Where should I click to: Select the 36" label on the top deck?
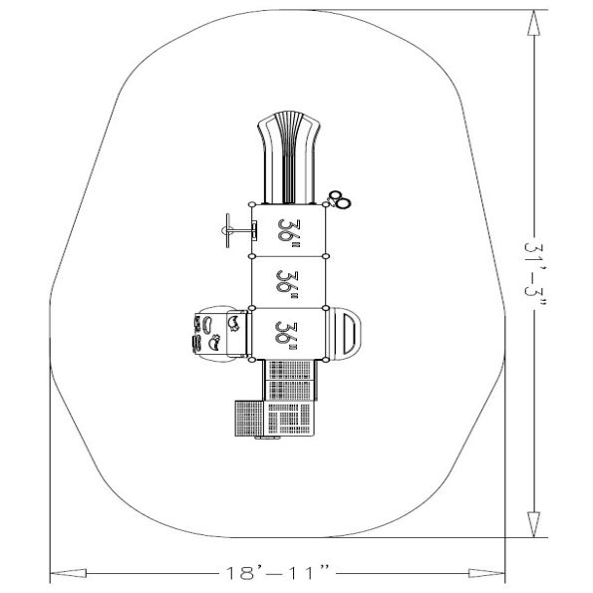point(290,231)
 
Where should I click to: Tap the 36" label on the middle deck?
point(290,282)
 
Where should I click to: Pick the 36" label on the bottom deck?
point(290,333)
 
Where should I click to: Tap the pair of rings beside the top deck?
point(341,199)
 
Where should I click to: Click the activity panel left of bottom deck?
point(213,332)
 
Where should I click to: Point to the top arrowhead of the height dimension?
point(536,22)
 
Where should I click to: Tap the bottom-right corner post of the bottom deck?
point(327,358)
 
